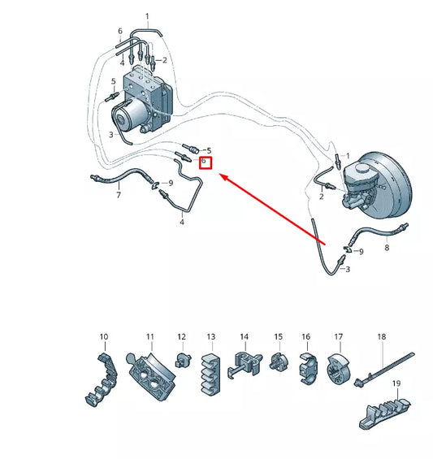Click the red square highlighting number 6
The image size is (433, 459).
pos(206,162)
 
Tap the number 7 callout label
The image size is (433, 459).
pos(118,196)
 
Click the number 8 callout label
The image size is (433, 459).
pos(387,247)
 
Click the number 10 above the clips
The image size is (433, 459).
pos(103,336)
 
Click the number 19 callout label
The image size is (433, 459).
pos(397,383)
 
